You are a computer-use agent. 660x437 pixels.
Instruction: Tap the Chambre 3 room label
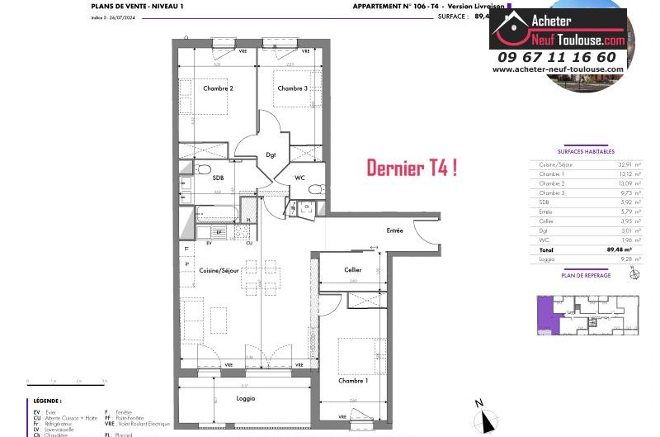pos(292,88)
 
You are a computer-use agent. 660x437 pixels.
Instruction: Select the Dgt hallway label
pos(271,154)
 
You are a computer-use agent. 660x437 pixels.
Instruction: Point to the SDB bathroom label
pos(219,178)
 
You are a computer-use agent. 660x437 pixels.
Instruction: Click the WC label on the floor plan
pos(301,177)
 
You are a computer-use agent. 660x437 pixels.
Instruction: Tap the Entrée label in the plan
pos(394,230)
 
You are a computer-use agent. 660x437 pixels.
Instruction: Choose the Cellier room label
pos(353,270)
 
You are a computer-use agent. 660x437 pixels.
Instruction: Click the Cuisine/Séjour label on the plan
pos(219,270)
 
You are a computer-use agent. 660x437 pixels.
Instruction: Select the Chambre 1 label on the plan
pos(353,381)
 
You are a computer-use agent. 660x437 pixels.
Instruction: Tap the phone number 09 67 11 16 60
pos(557,57)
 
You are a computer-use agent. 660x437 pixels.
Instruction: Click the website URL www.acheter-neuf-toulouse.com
pos(558,69)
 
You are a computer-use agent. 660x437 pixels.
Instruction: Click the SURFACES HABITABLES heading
pos(586,151)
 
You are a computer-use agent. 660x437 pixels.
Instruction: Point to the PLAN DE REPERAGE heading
pos(586,275)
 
